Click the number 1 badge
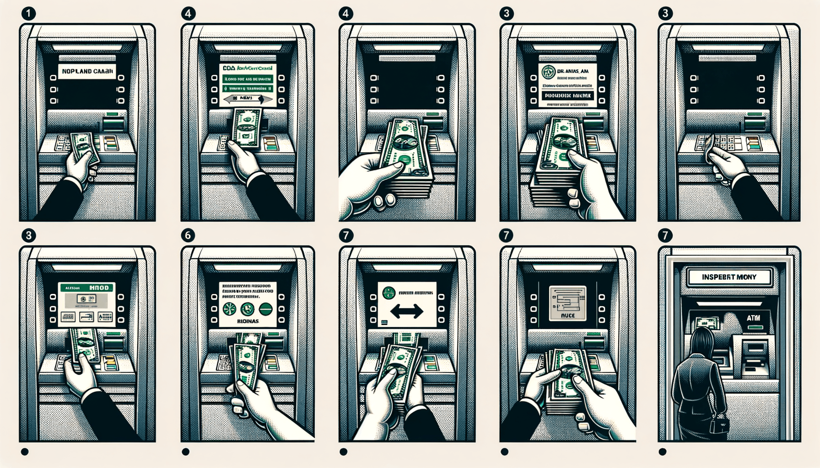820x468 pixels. (x=28, y=13)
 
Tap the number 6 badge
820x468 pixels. (x=188, y=235)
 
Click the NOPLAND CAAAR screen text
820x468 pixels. (x=87, y=72)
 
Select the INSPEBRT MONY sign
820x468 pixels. (x=729, y=277)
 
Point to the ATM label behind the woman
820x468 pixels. (x=753, y=318)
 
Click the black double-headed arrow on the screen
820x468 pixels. (x=406, y=312)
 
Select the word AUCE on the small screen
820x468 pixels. (x=568, y=315)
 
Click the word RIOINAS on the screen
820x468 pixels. (x=248, y=321)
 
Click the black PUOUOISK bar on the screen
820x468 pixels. (x=567, y=96)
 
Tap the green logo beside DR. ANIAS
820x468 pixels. (x=548, y=72)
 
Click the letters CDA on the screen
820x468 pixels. (x=229, y=68)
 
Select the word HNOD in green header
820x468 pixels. (x=99, y=287)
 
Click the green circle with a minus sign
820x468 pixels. (x=265, y=309)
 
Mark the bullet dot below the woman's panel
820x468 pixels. (x=663, y=452)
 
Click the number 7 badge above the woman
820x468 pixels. (x=665, y=235)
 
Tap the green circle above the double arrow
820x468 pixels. (x=388, y=293)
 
